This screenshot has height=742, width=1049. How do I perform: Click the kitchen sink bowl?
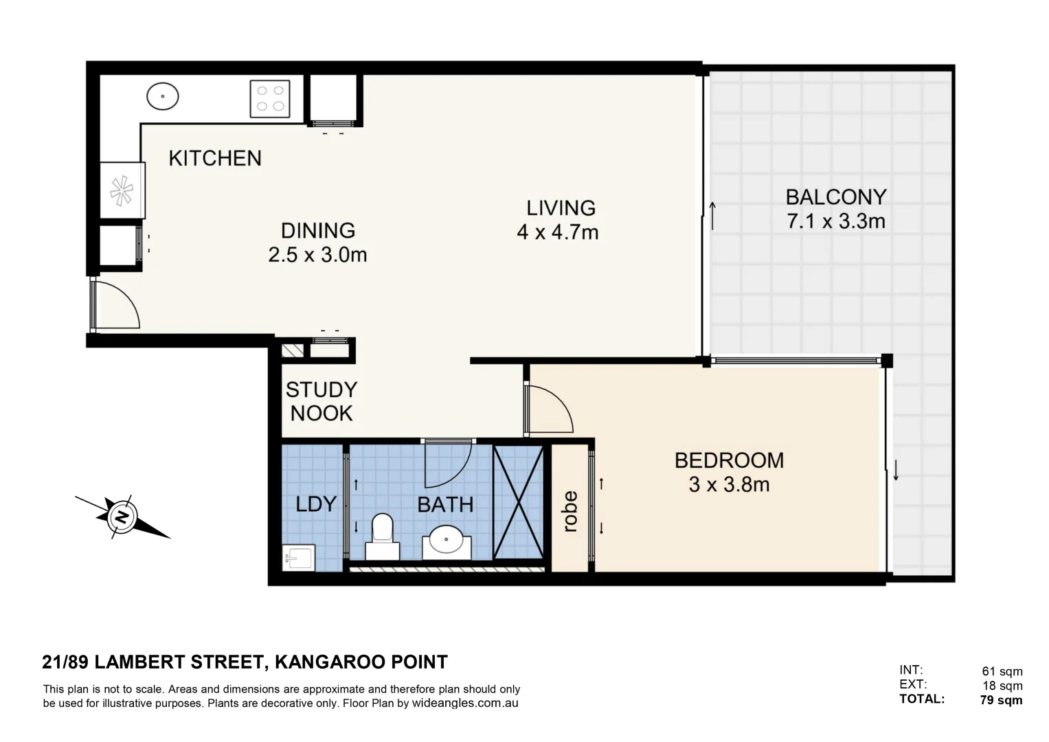(163, 97)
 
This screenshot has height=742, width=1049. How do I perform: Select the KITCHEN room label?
(215, 159)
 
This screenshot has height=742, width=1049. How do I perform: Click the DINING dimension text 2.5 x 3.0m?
(317, 255)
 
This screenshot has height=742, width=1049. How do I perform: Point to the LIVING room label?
(561, 207)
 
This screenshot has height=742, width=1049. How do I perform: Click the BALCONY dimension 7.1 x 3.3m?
(835, 221)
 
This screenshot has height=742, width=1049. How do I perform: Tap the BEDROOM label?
(729, 460)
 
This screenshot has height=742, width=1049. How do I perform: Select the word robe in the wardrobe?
(570, 511)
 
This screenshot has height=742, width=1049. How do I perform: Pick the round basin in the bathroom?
(446, 540)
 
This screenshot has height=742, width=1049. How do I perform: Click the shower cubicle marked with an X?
(519, 502)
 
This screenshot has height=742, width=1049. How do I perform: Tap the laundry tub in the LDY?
(298, 557)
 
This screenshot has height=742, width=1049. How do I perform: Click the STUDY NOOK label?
(321, 401)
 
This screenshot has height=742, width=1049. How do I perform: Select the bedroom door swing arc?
(550, 409)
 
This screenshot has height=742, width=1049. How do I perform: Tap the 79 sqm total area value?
(1001, 700)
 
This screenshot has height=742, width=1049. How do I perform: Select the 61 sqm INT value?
(1002, 671)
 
